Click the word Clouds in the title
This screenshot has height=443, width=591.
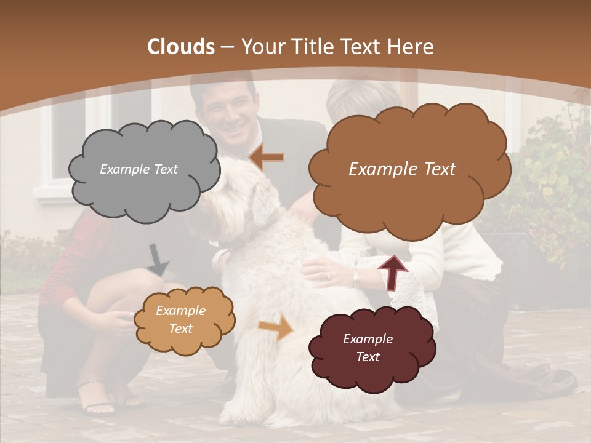tap(181, 47)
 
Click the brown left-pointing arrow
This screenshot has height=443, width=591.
tap(266, 158)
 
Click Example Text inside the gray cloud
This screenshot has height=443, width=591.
tap(139, 169)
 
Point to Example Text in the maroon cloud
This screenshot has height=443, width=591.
tap(368, 348)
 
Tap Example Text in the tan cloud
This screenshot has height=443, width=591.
tap(180, 320)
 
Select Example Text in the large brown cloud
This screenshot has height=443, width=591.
tap(402, 169)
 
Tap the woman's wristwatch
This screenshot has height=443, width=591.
tap(356, 278)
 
